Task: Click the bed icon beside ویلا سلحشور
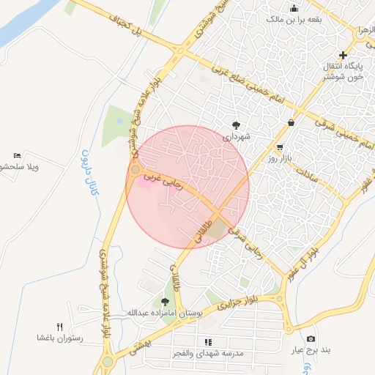pyautogui.click(x=17, y=156)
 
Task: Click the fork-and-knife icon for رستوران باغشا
pyautogui.click(x=60, y=327)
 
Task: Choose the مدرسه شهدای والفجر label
pyautogui.click(x=208, y=353)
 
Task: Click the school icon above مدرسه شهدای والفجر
pyautogui.click(x=208, y=341)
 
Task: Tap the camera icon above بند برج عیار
pyautogui.click(x=311, y=338)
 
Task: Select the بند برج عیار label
pyautogui.click(x=311, y=350)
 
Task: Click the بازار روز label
pyautogui.click(x=279, y=157)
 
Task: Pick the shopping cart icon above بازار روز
pyautogui.click(x=279, y=146)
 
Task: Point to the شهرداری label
pyautogui.click(x=237, y=136)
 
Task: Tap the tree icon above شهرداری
pyautogui.click(x=236, y=125)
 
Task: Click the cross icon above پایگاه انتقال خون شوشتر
pyautogui.click(x=343, y=56)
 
